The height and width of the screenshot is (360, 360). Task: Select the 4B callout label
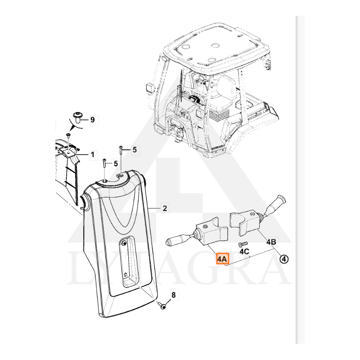click(271, 242)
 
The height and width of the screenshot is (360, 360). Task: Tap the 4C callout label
click(244, 251)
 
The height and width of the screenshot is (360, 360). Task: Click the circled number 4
click(284, 259)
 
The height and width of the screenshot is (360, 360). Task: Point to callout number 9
click(92, 120)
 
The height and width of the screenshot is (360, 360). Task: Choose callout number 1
click(92, 154)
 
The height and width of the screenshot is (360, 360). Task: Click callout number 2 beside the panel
click(165, 208)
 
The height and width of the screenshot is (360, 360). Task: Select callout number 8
click(173, 295)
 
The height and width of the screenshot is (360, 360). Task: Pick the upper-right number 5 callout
click(135, 150)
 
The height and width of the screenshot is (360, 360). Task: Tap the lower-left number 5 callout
click(116, 164)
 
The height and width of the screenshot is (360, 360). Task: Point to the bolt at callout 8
click(162, 306)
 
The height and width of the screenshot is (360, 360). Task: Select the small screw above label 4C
click(244, 243)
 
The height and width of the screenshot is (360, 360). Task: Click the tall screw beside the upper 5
click(120, 152)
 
